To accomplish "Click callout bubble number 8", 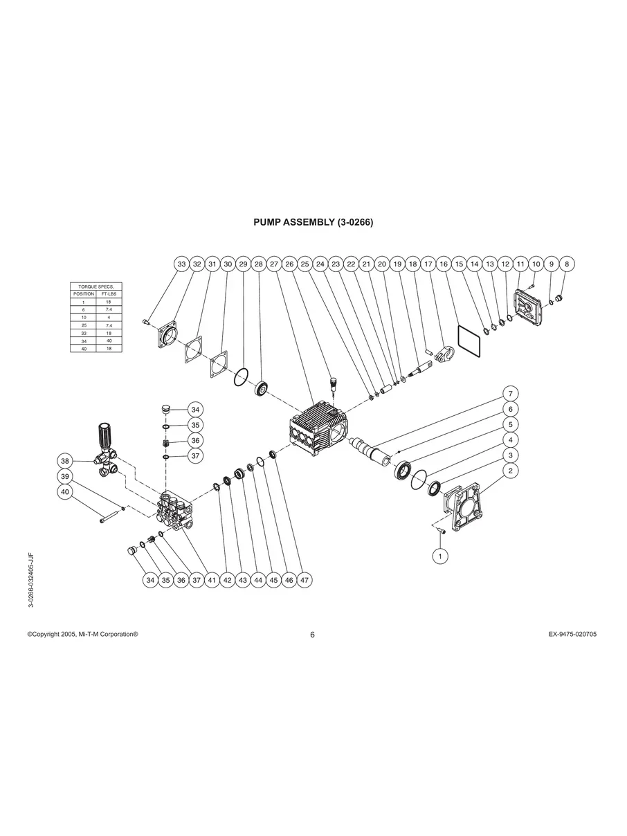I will (x=567, y=264).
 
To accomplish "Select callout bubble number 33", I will (x=181, y=264).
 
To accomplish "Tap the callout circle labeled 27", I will (x=274, y=264).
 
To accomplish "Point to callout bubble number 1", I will (x=438, y=555).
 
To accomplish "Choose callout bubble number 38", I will (x=65, y=461).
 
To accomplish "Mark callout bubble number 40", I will (x=65, y=491).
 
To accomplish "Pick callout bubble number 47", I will (x=305, y=581).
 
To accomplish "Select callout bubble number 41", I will (x=212, y=581).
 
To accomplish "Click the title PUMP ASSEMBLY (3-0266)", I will (x=313, y=223).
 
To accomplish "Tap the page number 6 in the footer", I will (x=313, y=635).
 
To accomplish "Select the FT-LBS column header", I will (x=109, y=294).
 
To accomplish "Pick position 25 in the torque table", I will (x=83, y=325).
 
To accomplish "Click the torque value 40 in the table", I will (x=109, y=340).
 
